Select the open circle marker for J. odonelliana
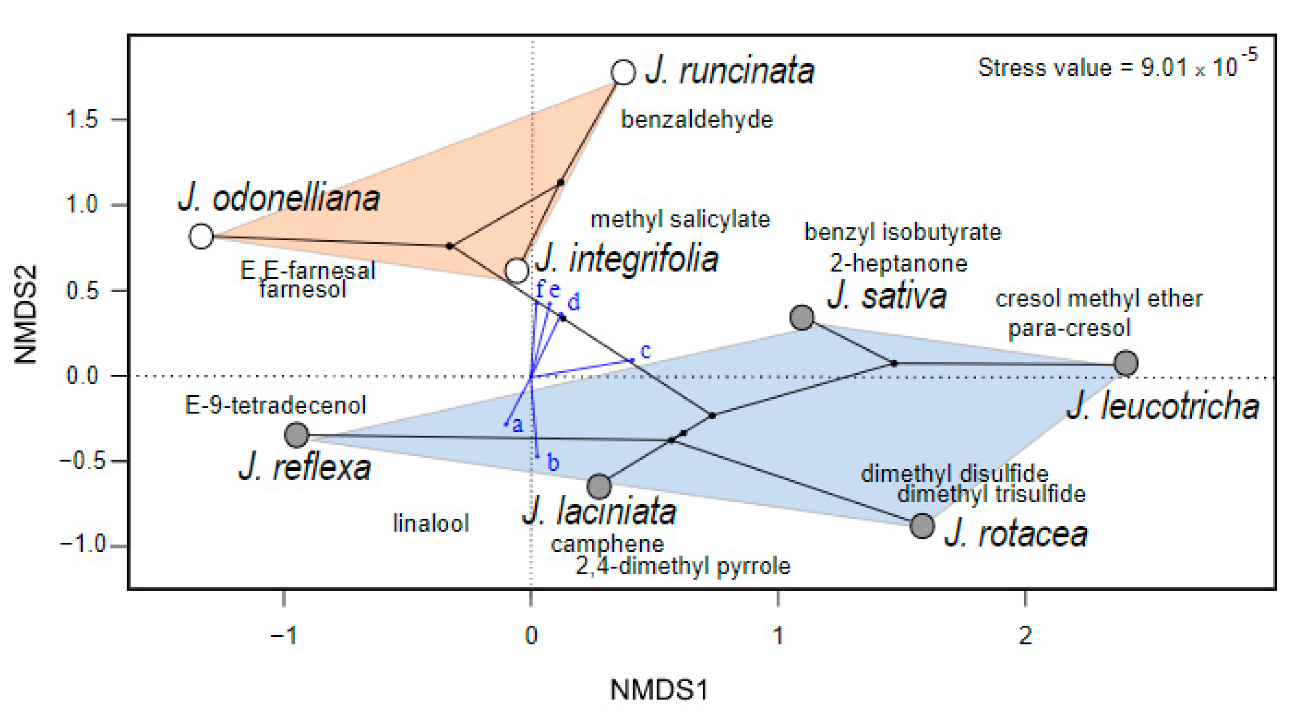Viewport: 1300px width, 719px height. [201, 236]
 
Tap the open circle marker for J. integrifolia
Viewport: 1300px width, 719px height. [517, 270]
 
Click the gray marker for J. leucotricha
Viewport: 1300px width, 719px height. [1125, 363]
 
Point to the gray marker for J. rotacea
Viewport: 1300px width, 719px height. [922, 526]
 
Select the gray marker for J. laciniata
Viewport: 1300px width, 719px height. [599, 486]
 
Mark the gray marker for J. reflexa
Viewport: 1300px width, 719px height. [296, 435]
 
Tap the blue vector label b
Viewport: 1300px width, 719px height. [553, 462]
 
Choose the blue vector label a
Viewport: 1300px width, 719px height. [517, 425]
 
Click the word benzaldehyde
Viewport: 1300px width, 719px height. [697, 120]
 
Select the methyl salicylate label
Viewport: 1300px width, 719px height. [680, 219]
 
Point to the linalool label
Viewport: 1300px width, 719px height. [431, 523]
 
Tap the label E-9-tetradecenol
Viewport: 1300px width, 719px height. [275, 405]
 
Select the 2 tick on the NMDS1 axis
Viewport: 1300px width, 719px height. [1025, 635]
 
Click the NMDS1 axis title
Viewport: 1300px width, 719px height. [659, 689]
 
